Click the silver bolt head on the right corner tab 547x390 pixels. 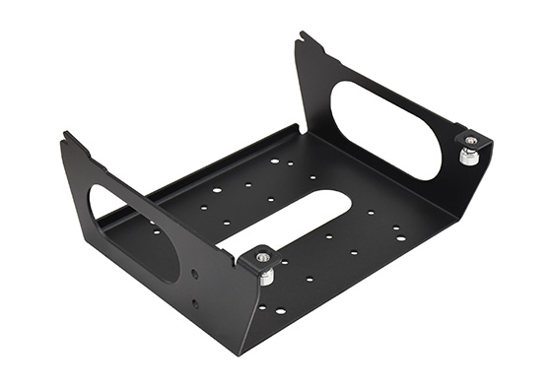click(471, 142)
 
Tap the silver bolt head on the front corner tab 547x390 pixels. click(263, 258)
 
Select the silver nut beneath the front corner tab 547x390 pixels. click(266, 277)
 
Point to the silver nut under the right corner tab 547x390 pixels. click(470, 157)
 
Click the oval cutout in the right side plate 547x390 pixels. click(385, 128)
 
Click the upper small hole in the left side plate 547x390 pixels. click(195, 275)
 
